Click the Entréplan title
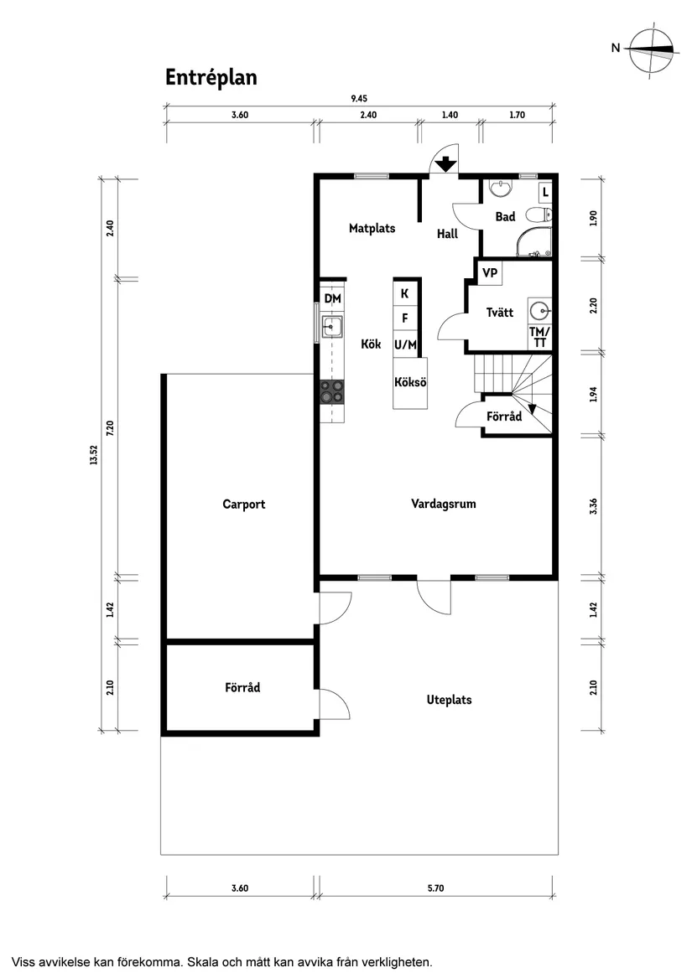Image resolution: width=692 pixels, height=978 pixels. pyautogui.click(x=211, y=77)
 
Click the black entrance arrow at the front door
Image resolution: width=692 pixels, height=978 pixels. pyautogui.click(x=445, y=163)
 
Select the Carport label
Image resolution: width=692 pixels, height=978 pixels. pyautogui.click(x=243, y=504)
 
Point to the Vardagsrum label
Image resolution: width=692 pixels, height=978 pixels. pyautogui.click(x=444, y=504)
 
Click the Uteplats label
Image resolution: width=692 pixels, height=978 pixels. pyautogui.click(x=449, y=699)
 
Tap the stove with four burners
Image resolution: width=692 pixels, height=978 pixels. pyautogui.click(x=332, y=390)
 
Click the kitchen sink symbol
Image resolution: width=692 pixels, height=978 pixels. pyautogui.click(x=332, y=325)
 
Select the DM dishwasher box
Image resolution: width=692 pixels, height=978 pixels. pyautogui.click(x=332, y=299)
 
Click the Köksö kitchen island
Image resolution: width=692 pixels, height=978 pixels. pyautogui.click(x=410, y=383)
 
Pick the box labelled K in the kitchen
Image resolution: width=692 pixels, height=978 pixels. pyautogui.click(x=405, y=293)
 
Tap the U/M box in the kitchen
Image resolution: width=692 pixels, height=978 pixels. pyautogui.click(x=405, y=344)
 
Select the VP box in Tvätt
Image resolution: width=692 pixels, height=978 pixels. pyautogui.click(x=490, y=273)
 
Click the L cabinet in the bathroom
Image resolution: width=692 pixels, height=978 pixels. pyautogui.click(x=545, y=192)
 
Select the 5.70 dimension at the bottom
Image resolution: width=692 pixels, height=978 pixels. pyautogui.click(x=435, y=888)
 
